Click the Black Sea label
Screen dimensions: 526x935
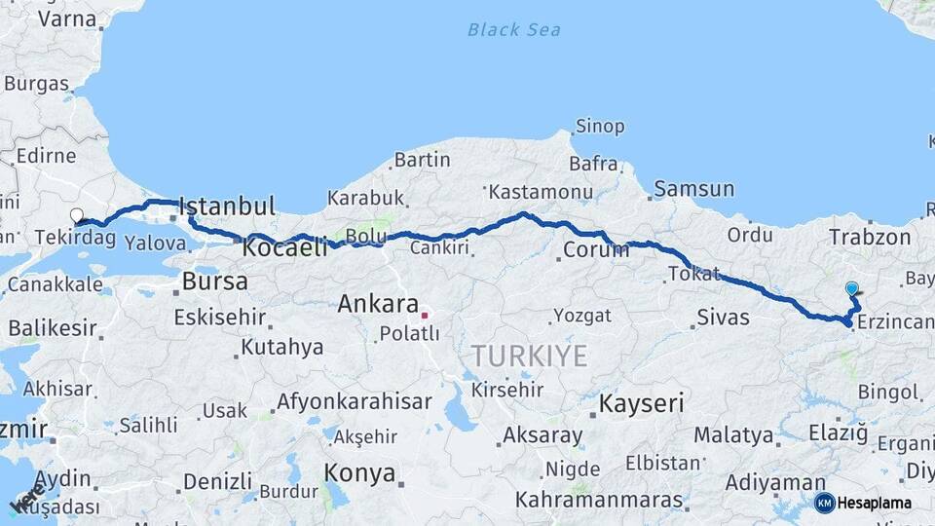513,29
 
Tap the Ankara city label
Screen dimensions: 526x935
378,304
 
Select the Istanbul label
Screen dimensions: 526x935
227,207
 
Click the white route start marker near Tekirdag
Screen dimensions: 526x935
77,215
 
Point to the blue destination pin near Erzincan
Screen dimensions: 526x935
852,288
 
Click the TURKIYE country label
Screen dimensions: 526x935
530,356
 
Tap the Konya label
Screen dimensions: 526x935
360,474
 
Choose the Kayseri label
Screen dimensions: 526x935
642,403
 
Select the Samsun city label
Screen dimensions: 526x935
694,189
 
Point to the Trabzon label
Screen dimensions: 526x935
870,237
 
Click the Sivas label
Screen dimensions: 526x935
724,317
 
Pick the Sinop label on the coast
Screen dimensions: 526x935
599,126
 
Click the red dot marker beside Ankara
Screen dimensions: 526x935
425,315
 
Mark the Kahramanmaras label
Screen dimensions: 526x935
599,500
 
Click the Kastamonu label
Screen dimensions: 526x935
541,191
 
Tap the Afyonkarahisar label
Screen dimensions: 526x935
355,401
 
